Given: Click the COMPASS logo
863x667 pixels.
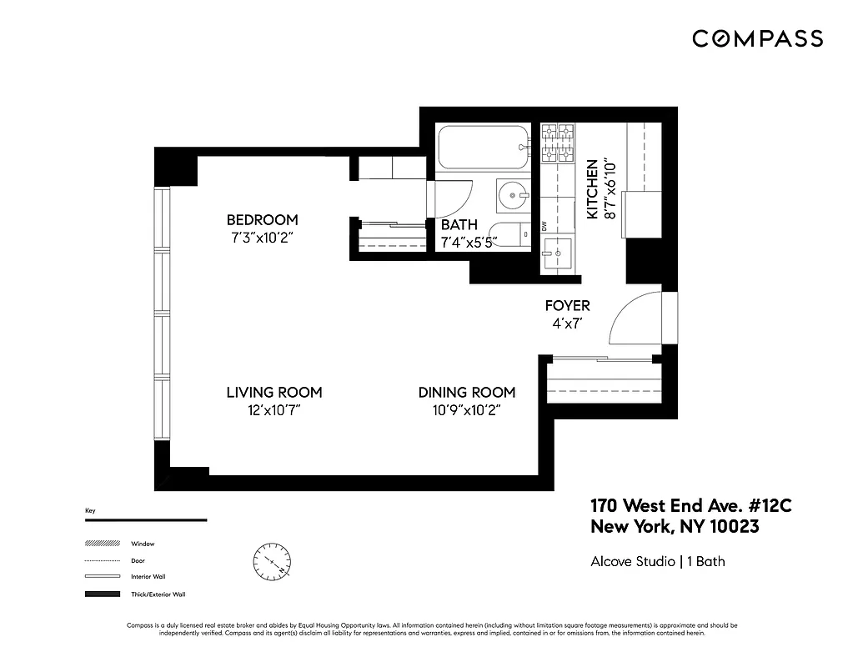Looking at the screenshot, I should (x=757, y=38).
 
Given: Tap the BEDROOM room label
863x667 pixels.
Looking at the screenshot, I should (x=262, y=220).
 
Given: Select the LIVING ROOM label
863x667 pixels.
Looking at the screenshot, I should (x=274, y=393).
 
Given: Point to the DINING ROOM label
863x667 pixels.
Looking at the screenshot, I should (x=466, y=393).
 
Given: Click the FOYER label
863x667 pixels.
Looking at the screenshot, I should (x=567, y=306).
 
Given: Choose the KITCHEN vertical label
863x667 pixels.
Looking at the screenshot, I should (x=592, y=190).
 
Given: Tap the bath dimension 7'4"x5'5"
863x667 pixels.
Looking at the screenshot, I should (x=469, y=243).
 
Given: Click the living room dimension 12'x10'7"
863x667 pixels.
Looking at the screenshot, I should (x=274, y=410).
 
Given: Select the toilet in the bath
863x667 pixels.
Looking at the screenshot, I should (x=509, y=236).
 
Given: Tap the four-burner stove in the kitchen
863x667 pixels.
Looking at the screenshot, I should (x=557, y=143).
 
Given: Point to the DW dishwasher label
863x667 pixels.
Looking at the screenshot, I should (x=544, y=225).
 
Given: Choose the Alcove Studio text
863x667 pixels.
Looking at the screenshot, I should (x=633, y=561).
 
